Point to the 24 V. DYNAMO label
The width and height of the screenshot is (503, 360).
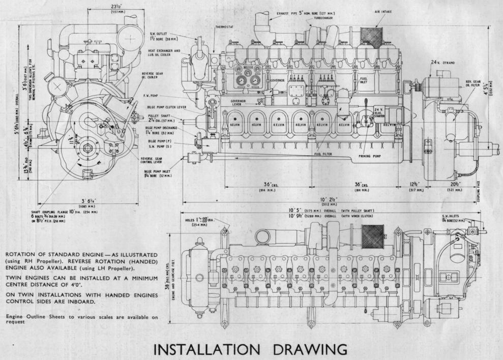442,62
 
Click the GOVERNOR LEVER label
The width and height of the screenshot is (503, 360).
239,103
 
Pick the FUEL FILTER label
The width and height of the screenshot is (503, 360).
323,154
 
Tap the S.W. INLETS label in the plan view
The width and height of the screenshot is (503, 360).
452,217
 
